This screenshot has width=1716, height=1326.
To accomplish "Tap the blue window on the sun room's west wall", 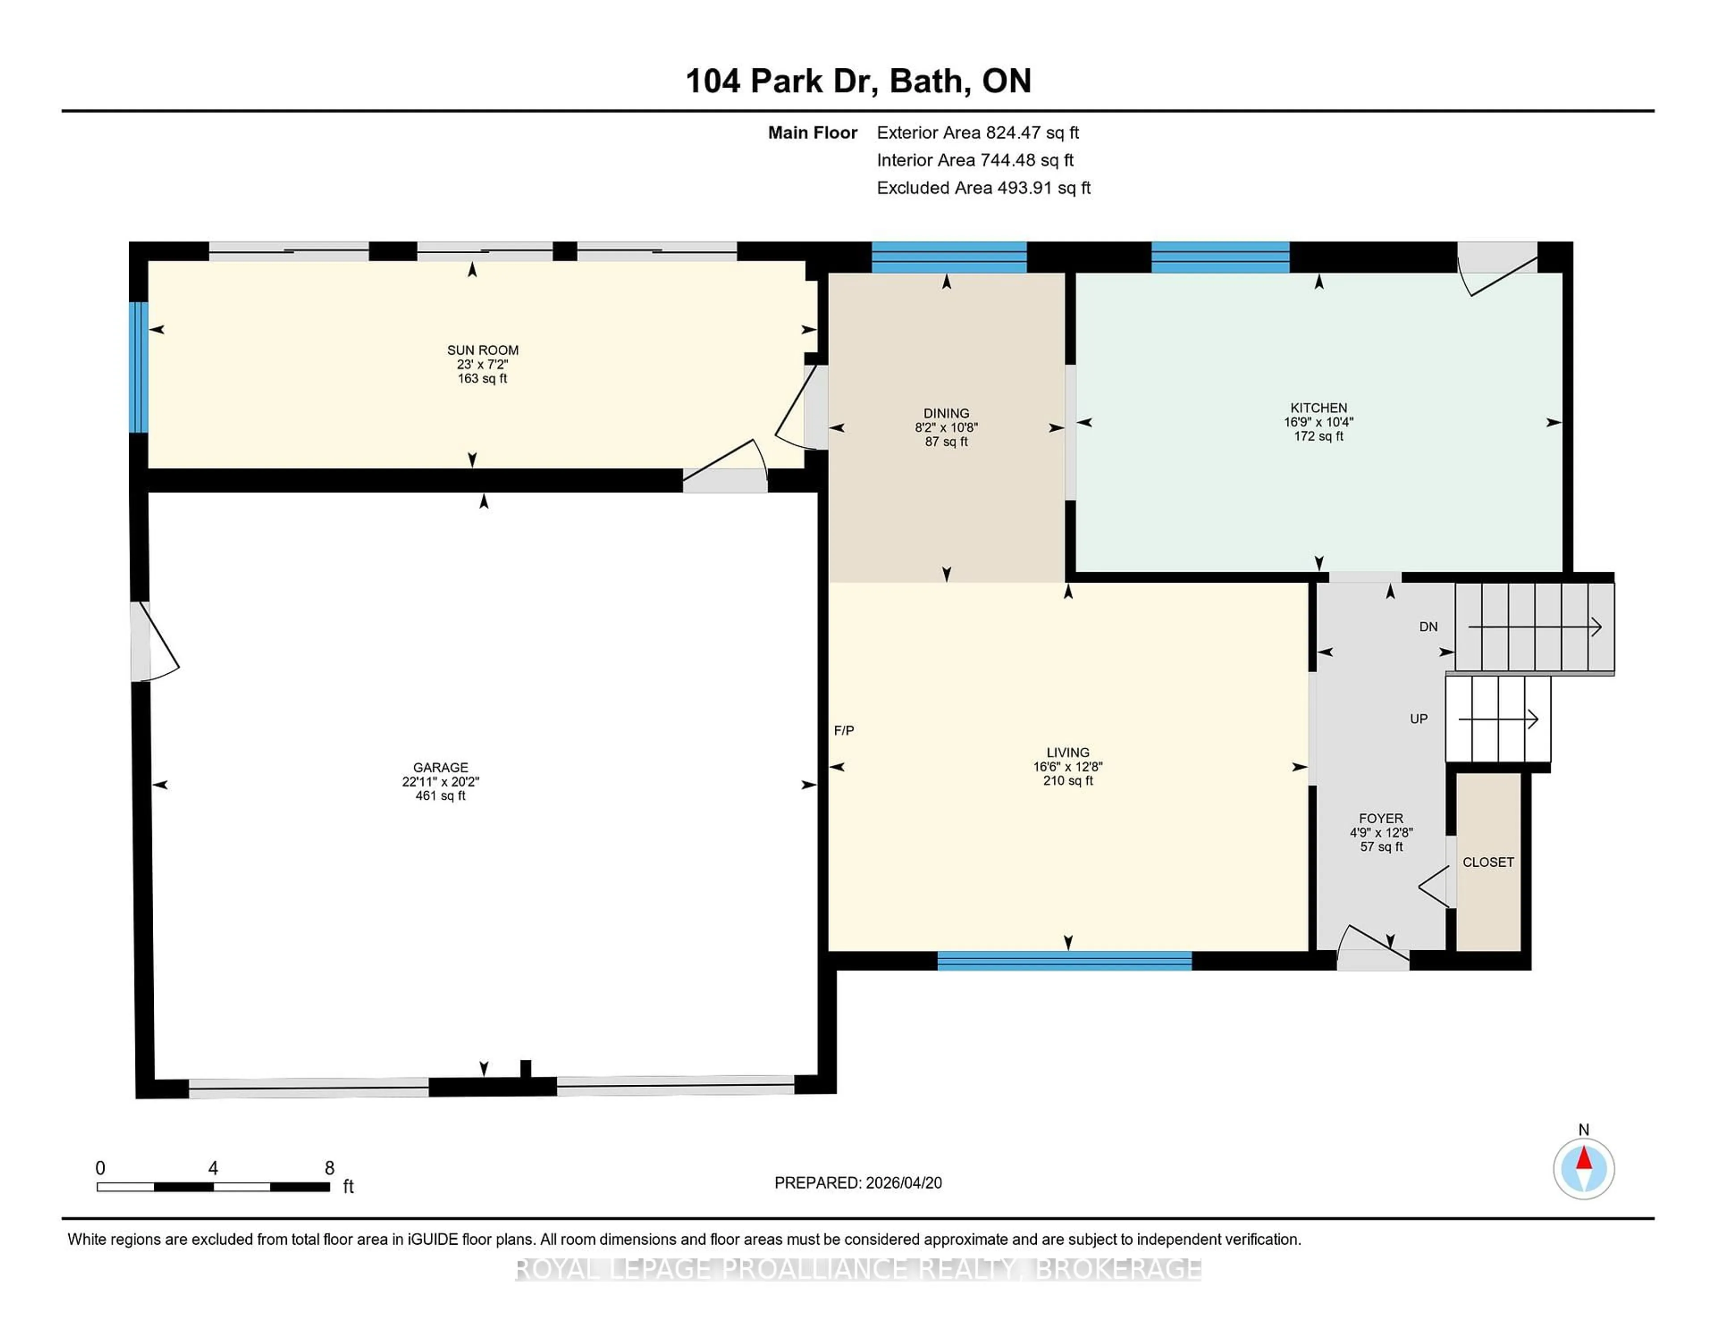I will (138, 367).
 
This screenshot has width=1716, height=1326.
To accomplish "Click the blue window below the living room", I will (1064, 960).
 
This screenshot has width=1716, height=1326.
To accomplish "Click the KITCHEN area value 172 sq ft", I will (1318, 436).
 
